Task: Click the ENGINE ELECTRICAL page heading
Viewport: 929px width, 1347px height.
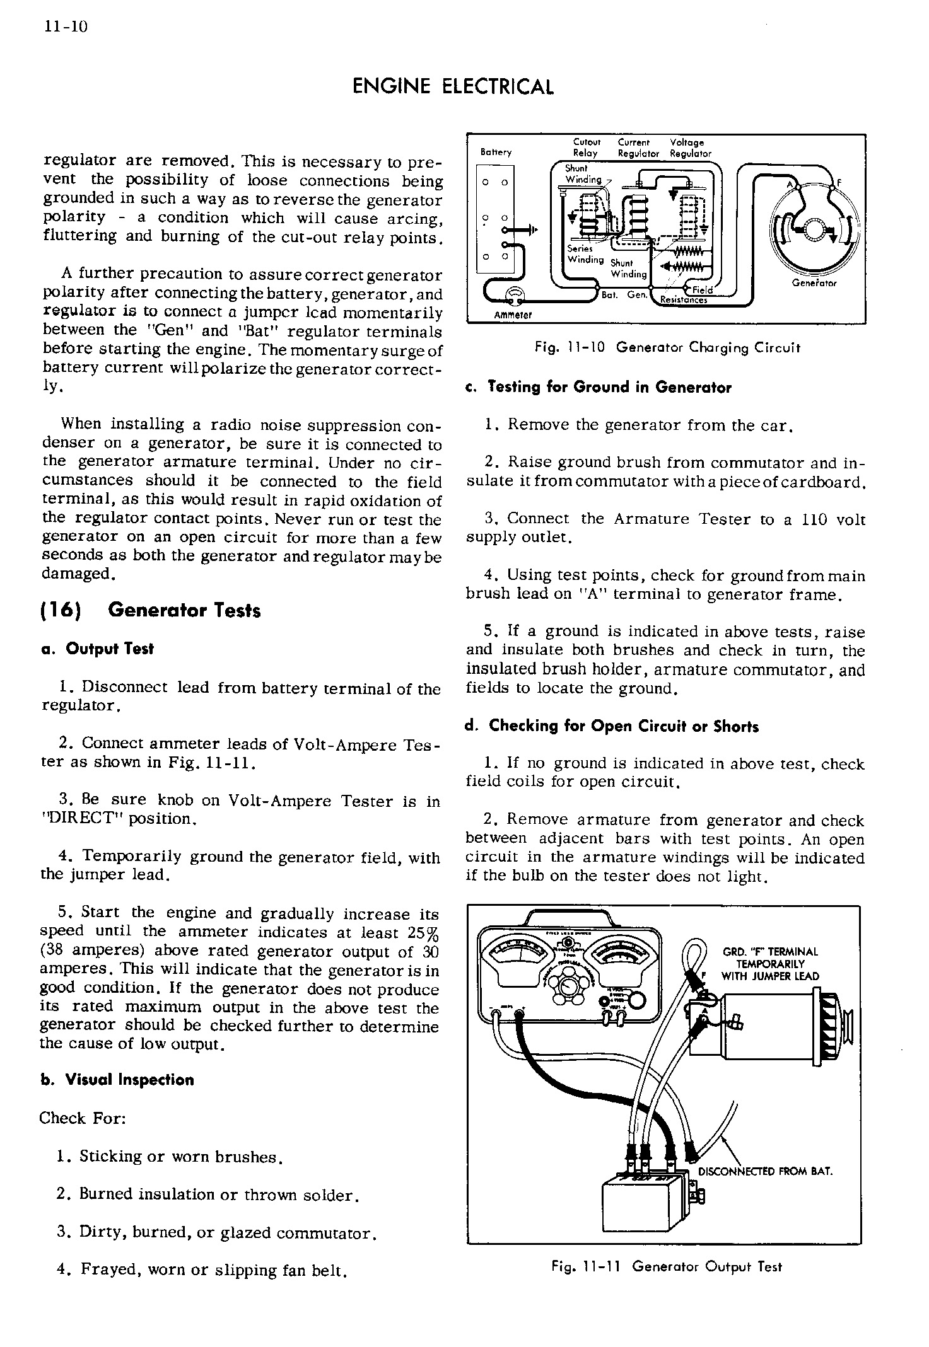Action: click(452, 87)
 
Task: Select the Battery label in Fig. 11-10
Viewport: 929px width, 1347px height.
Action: click(496, 152)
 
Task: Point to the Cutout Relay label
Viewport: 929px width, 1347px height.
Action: click(586, 148)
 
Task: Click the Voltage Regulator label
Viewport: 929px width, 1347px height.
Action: click(690, 148)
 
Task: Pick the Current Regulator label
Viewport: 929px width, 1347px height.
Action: click(638, 148)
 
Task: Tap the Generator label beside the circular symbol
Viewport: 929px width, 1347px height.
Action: click(814, 283)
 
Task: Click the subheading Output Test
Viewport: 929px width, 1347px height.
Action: click(97, 649)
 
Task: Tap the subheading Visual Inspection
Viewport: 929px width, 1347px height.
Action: click(117, 1080)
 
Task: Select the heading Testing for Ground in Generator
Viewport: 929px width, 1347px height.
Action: click(599, 388)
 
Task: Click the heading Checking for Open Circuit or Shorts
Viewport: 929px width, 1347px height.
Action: click(612, 726)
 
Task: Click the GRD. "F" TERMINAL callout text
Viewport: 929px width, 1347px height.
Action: click(770, 964)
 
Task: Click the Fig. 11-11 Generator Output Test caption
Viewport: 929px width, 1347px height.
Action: click(666, 1266)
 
